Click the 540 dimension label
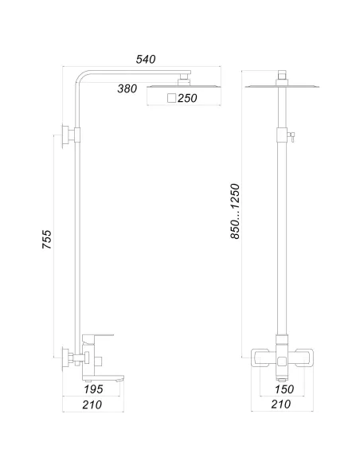pyautogui.click(x=146, y=59)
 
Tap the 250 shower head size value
pyautogui.click(x=189, y=98)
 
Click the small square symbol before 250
pyautogui.click(x=172, y=98)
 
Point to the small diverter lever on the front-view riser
pyautogui.click(x=292, y=135)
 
